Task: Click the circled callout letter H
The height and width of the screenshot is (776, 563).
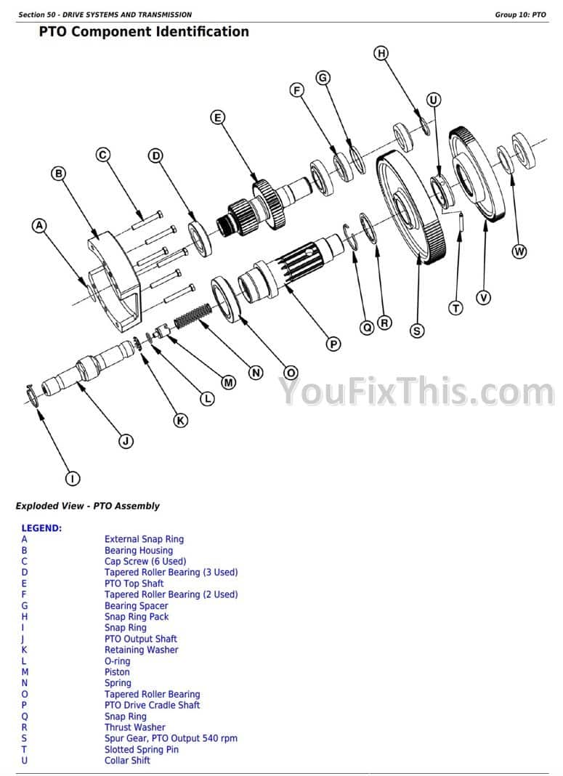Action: (x=381, y=54)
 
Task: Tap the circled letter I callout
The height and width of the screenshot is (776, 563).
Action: (x=73, y=479)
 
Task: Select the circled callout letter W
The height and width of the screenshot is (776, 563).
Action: (x=519, y=251)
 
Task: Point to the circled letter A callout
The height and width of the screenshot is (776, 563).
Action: (x=39, y=226)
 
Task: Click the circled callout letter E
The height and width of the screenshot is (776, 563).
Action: (x=218, y=118)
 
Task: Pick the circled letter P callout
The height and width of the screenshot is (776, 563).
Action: (x=333, y=344)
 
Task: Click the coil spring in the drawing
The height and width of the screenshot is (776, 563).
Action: (x=193, y=317)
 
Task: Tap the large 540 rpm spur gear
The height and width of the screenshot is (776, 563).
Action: (x=411, y=206)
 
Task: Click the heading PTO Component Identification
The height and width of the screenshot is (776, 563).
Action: (x=144, y=32)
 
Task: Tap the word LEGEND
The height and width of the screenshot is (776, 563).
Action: (x=41, y=528)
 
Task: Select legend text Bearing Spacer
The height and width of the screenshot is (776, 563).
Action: (x=136, y=606)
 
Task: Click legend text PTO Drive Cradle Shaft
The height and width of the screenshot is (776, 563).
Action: (x=153, y=706)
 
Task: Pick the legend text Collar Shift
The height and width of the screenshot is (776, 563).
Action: (x=127, y=761)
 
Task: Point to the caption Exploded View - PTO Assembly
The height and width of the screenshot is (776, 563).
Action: (x=88, y=506)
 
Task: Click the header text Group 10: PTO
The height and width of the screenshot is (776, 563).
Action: (x=520, y=15)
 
